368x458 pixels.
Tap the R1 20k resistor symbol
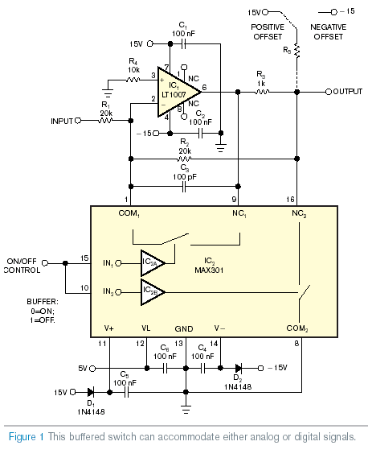(x=105, y=121)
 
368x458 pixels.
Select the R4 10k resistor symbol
(x=133, y=80)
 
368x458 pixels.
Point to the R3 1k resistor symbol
(x=262, y=92)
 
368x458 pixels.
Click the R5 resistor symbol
(x=296, y=51)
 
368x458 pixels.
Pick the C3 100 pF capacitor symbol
(x=184, y=187)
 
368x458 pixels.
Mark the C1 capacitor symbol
(x=184, y=44)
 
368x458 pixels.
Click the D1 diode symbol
(x=91, y=392)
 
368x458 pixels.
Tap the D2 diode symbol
(x=239, y=368)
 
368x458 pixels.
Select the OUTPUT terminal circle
(x=329, y=92)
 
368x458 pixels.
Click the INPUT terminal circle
(x=78, y=121)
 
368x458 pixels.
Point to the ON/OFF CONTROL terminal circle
(x=45, y=263)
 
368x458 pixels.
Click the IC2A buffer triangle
(x=153, y=263)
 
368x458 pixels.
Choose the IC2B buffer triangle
(x=153, y=292)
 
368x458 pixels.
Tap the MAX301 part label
(x=209, y=270)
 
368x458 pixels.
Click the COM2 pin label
(x=297, y=328)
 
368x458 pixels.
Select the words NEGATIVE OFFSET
(x=329, y=32)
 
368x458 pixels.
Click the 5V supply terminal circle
(x=92, y=369)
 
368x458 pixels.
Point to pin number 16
(x=290, y=199)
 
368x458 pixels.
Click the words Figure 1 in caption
(x=27, y=437)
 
